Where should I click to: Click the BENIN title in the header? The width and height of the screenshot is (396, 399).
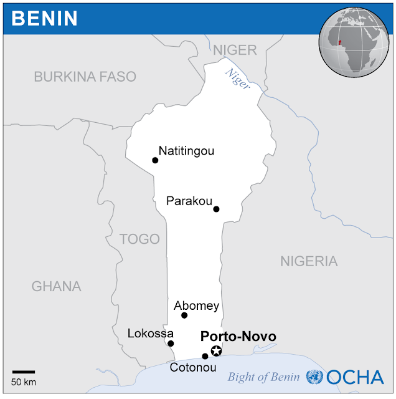click(45, 18)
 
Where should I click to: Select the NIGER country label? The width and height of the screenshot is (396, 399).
click(234, 50)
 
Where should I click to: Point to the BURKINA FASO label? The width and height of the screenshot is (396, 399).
click(85, 77)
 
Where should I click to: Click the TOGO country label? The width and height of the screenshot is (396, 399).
click(139, 239)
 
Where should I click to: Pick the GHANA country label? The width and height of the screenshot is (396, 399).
click(56, 286)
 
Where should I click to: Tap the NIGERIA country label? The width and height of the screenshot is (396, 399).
click(309, 261)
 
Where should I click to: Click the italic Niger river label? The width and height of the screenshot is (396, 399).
click(237, 80)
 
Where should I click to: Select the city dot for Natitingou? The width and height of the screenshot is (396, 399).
click(155, 160)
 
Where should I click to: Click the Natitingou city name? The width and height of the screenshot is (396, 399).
click(186, 150)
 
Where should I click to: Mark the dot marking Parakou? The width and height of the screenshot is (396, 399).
click(216, 209)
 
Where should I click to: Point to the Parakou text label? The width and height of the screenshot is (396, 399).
click(189, 201)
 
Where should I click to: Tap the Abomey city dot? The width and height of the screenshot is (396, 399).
click(184, 315)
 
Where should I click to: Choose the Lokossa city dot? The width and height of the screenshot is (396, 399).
click(171, 344)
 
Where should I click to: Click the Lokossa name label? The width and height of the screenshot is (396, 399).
click(150, 334)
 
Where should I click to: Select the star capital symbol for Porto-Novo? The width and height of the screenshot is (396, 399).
click(216, 351)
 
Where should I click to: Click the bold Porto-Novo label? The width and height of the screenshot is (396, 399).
click(238, 337)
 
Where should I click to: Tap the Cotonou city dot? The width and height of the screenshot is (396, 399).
click(205, 357)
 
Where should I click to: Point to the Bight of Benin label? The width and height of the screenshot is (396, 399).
click(265, 377)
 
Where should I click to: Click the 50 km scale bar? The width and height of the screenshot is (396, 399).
click(24, 372)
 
